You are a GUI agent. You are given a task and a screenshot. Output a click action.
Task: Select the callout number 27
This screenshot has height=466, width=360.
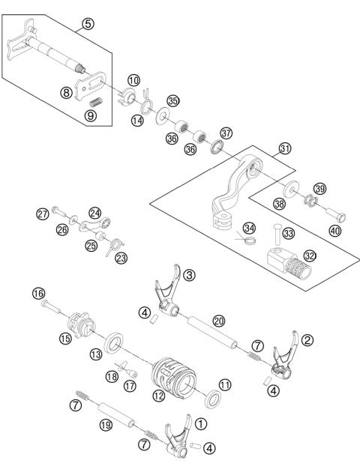(x=43, y=214)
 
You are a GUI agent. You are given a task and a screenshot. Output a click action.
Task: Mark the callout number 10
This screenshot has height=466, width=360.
(x=133, y=79)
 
